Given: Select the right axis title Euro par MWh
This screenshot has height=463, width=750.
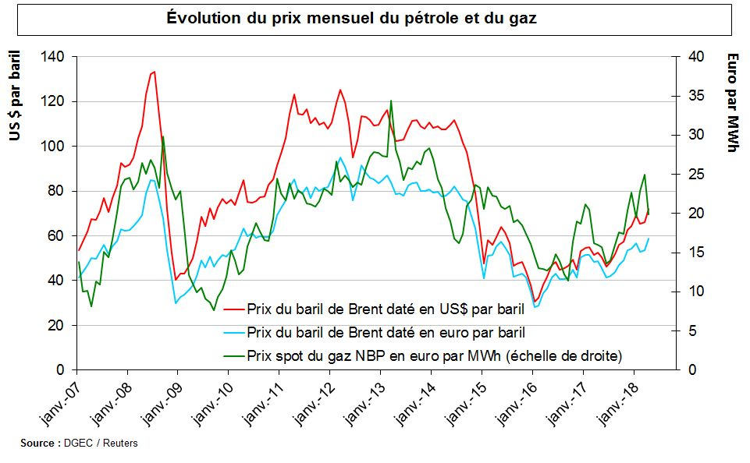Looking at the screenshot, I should coord(732,101).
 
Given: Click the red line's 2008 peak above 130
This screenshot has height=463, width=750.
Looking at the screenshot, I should coord(155,72).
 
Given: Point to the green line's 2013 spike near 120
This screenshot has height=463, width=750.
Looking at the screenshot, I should coord(390,101).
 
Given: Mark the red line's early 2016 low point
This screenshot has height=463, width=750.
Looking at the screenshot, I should coord(535,302).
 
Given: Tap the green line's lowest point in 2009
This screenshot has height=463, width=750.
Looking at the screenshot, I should coord(214,310).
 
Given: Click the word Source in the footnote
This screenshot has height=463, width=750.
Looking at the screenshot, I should coord(37,444).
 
